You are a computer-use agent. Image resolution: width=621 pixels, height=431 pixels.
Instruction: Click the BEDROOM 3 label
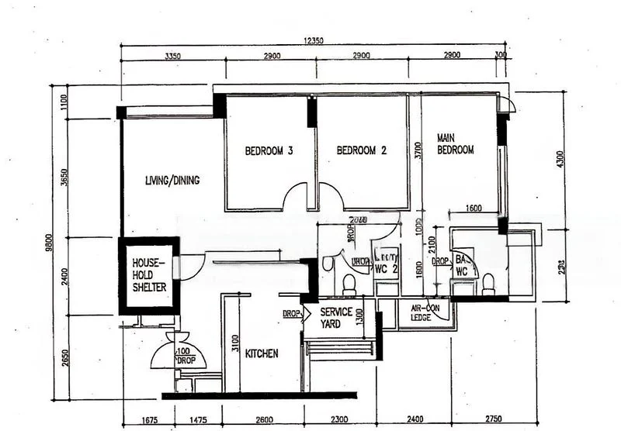click(x=269, y=151)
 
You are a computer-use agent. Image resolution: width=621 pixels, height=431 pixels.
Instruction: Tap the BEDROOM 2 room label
click(x=360, y=151)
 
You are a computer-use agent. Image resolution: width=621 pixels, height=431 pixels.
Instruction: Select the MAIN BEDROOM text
click(x=455, y=144)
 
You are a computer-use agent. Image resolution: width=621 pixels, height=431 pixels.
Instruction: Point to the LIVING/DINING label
click(x=172, y=181)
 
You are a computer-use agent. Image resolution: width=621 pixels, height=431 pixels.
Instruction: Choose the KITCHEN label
click(x=262, y=353)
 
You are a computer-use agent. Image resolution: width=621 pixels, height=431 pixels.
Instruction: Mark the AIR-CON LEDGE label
click(x=425, y=313)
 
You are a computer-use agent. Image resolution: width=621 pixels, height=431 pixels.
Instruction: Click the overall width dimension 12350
click(x=314, y=40)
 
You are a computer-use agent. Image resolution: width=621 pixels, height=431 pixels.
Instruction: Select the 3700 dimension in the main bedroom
click(x=418, y=150)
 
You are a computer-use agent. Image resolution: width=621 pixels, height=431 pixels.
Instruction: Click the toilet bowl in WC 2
click(x=349, y=284)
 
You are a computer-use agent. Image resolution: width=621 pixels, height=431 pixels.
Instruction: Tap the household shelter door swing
click(x=191, y=266)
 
